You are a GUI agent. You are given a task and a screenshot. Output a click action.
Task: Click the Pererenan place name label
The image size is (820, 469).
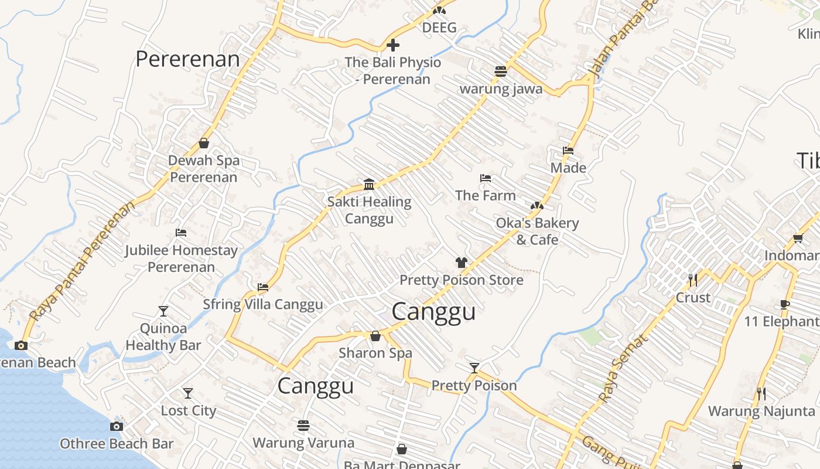coord(187,59)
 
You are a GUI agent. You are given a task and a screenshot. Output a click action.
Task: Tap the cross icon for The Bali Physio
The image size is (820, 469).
coord(393,45)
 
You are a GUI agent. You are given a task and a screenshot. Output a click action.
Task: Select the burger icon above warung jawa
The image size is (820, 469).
coord(500,72)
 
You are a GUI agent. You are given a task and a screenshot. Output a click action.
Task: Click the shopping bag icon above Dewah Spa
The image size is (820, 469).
coord(204,143)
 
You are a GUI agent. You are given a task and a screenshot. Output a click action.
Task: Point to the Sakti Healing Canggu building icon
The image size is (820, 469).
coord(369,185)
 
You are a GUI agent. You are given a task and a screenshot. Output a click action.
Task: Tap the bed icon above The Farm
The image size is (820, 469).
coord(485,178)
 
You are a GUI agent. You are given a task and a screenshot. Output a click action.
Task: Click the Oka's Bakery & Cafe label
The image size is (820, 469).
coord(537,231)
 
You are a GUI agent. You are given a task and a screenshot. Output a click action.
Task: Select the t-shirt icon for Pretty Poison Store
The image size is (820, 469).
coord(462,263)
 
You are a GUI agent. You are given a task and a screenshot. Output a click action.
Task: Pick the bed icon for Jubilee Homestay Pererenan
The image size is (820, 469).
coord(181,233)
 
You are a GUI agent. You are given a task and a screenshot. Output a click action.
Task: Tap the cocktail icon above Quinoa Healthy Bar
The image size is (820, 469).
coord(163,311)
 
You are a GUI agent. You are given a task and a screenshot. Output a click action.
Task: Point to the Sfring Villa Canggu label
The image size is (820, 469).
coord(262,304)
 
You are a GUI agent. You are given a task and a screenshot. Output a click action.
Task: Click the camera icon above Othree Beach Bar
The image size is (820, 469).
coord(117,426)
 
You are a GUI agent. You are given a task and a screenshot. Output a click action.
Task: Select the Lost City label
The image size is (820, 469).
coord(189,410)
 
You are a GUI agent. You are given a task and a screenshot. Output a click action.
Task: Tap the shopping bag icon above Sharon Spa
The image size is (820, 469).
coord(375,336)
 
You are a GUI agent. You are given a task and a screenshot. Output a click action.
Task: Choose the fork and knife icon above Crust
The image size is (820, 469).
coord(693,280)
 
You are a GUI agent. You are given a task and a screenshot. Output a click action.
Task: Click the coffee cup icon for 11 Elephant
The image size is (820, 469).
coord(785,304)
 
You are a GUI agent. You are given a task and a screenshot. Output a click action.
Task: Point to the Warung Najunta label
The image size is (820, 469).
coord(761,411)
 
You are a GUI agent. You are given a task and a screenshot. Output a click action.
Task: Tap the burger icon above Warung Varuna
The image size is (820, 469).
coord(303,425)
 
